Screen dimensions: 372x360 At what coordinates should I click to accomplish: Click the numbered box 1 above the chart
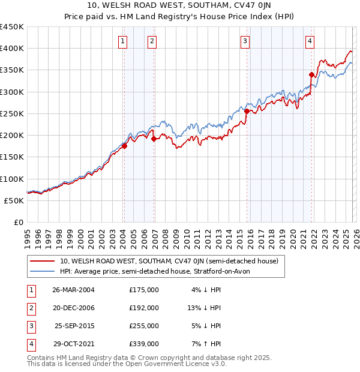pyautogui.click(x=122, y=41)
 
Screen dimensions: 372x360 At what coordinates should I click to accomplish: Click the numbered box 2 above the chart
pyautogui.click(x=152, y=41)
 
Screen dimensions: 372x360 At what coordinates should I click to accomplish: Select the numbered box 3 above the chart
pyautogui.click(x=245, y=41)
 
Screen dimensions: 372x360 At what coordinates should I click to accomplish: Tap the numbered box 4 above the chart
pyautogui.click(x=310, y=41)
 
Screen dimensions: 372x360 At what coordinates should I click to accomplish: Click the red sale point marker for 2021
pyautogui.click(x=311, y=75)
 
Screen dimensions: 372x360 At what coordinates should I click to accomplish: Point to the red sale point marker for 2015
pyautogui.click(x=247, y=111)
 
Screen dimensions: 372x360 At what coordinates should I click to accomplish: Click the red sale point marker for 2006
pyautogui.click(x=154, y=139)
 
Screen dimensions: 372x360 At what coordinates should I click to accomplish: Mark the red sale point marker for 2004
pyautogui.click(x=125, y=146)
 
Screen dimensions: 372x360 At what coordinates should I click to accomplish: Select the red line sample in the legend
pyautogui.click(x=42, y=262)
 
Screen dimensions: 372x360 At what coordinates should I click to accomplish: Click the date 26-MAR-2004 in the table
pyautogui.click(x=73, y=290)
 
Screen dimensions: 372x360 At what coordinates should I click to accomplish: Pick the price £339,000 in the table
pyautogui.click(x=144, y=344)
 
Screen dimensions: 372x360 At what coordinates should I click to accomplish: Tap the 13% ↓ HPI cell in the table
pyautogui.click(x=204, y=308)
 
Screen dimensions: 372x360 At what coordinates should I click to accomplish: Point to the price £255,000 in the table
pyautogui.click(x=144, y=326)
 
